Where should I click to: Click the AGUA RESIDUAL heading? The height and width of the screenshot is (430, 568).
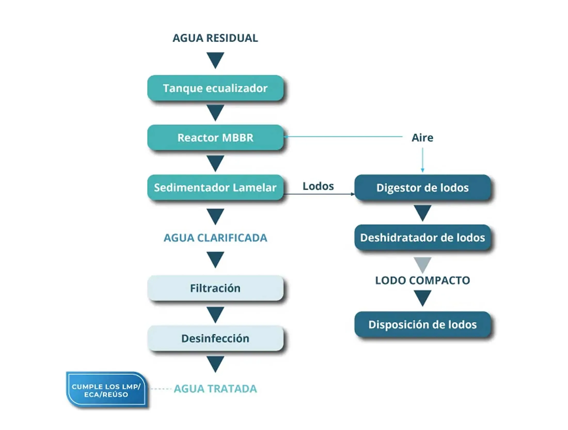(x=215, y=38)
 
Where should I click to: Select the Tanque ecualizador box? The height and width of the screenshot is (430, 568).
(x=215, y=88)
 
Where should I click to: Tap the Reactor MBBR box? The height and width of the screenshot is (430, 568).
(x=215, y=138)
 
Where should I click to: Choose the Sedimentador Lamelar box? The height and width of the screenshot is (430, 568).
(x=215, y=187)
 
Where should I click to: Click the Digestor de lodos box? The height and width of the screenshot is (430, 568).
(x=422, y=188)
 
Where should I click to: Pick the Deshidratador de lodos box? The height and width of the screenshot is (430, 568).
(x=422, y=238)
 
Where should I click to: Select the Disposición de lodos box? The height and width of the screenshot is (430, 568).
(x=422, y=325)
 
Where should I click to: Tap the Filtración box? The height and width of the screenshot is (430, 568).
(x=215, y=288)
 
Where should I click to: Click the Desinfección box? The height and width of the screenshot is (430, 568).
(x=215, y=338)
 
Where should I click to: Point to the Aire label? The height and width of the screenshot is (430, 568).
(x=422, y=138)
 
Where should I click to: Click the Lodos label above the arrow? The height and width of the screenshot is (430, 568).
(x=318, y=186)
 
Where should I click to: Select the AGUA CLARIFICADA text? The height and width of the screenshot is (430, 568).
(x=215, y=238)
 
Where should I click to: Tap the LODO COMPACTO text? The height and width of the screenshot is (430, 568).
(x=422, y=280)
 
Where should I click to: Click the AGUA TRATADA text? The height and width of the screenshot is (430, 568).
(x=215, y=389)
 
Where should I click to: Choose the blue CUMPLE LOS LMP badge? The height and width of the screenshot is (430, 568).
(x=106, y=390)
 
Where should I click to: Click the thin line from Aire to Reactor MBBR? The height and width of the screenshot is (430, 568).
(x=343, y=136)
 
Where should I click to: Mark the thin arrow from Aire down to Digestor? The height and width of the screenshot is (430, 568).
(x=422, y=160)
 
